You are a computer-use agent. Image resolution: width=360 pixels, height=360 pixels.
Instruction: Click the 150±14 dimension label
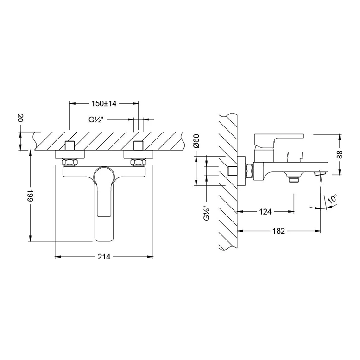pos(104,103)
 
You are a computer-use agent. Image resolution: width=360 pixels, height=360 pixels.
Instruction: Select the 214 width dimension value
pos(104,257)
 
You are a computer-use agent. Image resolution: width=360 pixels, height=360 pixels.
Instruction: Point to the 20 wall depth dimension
pos(20,119)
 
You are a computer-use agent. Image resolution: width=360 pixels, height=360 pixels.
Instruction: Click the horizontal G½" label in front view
pos(96,120)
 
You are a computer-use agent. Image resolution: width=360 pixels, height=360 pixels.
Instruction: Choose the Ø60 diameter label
pos(196,141)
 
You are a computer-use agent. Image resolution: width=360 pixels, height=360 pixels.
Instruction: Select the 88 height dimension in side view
pos(339,154)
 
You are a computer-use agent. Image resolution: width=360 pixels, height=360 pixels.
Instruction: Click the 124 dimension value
pos(265,211)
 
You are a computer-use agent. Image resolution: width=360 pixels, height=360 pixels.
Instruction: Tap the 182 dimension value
pos(278,231)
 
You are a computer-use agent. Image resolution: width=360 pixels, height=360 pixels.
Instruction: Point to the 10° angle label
pos(332,198)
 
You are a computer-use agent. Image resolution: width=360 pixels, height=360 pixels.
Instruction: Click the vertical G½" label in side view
pos(207,213)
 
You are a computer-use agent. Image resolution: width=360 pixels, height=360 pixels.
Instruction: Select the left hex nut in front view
pos(70,162)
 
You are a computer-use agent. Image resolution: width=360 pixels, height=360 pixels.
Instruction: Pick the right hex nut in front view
pos(139,162)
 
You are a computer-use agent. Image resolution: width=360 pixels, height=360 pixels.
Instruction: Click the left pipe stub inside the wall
pos(70,145)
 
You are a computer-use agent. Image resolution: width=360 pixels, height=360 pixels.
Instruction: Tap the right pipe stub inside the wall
pos(139,145)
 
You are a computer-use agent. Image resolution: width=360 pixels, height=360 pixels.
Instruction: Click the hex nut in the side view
pos(249,171)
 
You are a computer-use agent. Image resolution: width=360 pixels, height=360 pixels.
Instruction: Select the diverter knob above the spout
pos(296,157)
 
